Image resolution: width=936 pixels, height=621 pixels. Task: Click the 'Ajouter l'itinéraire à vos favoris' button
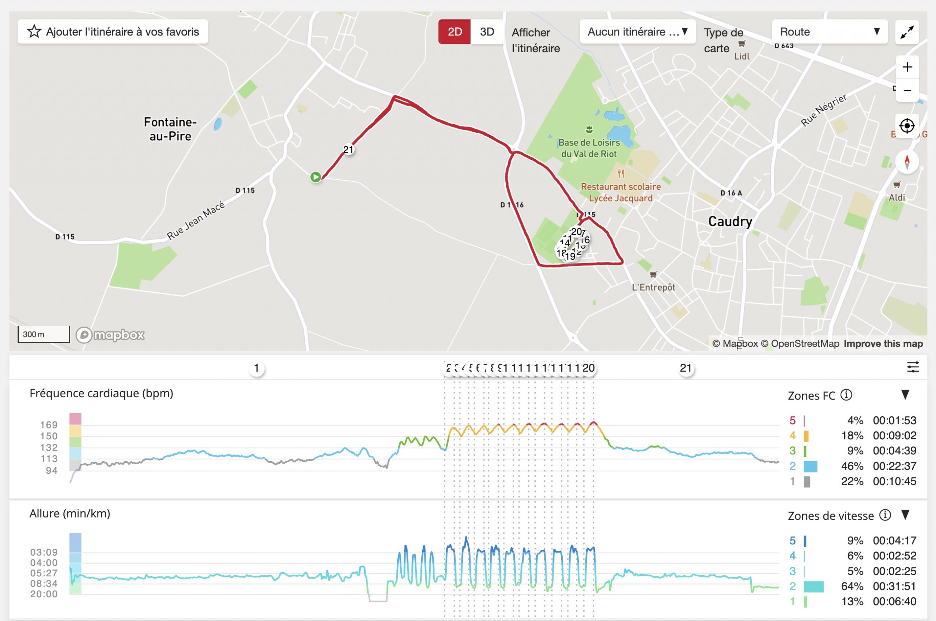click(113, 32)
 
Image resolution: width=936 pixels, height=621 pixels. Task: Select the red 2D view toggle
click(454, 32)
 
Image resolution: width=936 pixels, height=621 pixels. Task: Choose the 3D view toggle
click(487, 32)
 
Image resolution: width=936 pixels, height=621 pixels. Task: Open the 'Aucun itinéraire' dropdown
click(637, 32)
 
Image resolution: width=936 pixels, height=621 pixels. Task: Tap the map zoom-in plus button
click(907, 67)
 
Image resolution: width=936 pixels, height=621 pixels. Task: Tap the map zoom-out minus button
click(907, 90)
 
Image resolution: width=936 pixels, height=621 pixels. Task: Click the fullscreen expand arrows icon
click(907, 32)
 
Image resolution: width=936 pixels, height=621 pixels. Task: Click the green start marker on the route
click(316, 177)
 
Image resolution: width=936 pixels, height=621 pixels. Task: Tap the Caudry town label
click(730, 221)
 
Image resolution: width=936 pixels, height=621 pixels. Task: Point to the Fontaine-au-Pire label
click(170, 129)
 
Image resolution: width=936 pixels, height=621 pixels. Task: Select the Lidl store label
click(741, 56)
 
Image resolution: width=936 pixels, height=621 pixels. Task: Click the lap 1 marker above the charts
click(256, 368)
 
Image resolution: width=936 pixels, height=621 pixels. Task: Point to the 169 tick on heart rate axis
click(49, 425)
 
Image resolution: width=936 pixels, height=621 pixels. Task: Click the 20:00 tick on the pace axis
click(44, 594)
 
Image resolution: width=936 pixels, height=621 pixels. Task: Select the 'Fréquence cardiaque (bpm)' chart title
click(101, 394)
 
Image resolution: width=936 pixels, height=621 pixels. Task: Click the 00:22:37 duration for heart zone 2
click(894, 466)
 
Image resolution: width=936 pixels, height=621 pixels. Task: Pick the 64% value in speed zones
click(852, 587)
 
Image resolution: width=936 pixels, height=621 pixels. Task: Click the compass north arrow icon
click(907, 162)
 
